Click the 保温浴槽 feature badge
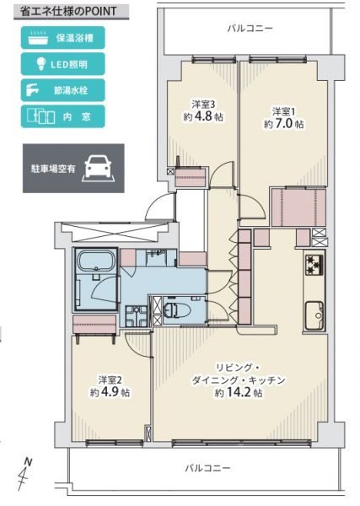tap(63, 38)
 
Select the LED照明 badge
tap(63, 64)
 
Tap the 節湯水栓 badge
tap(63, 90)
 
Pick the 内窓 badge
tap(63, 116)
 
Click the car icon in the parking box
tap(98, 168)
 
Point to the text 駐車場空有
tap(53, 169)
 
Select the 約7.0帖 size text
tap(284, 124)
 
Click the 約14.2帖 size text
tap(239, 393)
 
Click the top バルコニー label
tap(250, 29)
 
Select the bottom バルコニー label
tap(207, 468)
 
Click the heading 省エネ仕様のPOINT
tap(67, 12)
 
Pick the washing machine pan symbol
tap(137, 315)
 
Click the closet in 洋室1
tap(298, 207)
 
